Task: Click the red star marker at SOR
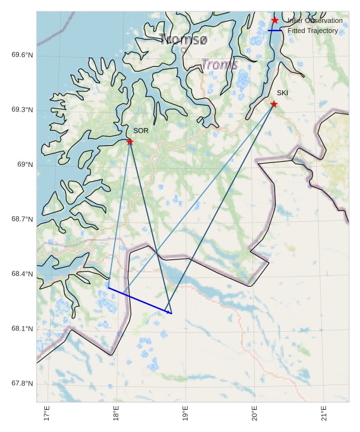point(130,141)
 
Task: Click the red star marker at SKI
point(274,104)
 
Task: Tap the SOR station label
point(141,131)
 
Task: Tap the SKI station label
point(283,93)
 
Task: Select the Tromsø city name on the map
point(184,39)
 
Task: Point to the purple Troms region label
point(220,65)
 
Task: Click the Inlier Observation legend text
point(315,20)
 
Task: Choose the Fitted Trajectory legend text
point(313,30)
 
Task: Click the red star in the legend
point(274,20)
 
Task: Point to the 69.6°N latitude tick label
point(22,55)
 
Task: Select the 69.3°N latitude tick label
point(22,110)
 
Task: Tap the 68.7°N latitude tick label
point(22,219)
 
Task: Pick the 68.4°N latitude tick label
point(22,274)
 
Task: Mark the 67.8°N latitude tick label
point(22,384)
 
